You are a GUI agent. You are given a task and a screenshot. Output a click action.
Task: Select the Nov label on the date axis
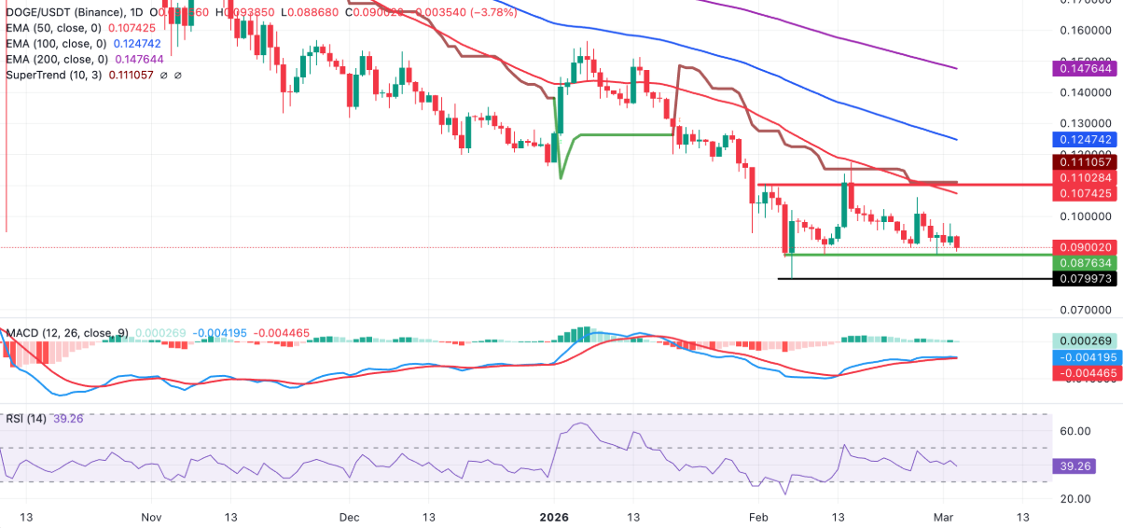152,516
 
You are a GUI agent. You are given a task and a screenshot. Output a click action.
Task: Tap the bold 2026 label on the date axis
554,516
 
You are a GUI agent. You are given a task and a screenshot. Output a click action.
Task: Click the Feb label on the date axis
758,516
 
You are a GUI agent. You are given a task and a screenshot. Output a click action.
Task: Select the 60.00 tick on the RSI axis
1075,431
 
